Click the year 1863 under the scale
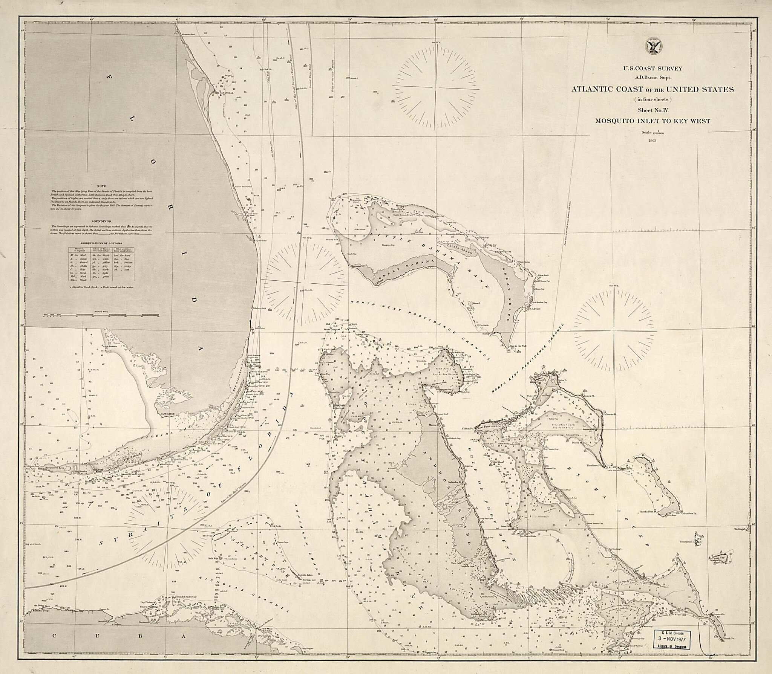pyautogui.click(x=653, y=141)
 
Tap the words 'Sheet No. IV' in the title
pyautogui.click(x=653, y=110)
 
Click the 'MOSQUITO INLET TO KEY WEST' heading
pyautogui.click(x=653, y=121)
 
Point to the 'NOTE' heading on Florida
pyautogui.click(x=101, y=186)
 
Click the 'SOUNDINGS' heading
pyautogui.click(x=101, y=222)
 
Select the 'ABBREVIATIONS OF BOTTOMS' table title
pyautogui.click(x=101, y=243)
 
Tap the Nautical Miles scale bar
pyautogui.click(x=101, y=315)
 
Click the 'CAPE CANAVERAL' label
pyautogui.click(x=224, y=92)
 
